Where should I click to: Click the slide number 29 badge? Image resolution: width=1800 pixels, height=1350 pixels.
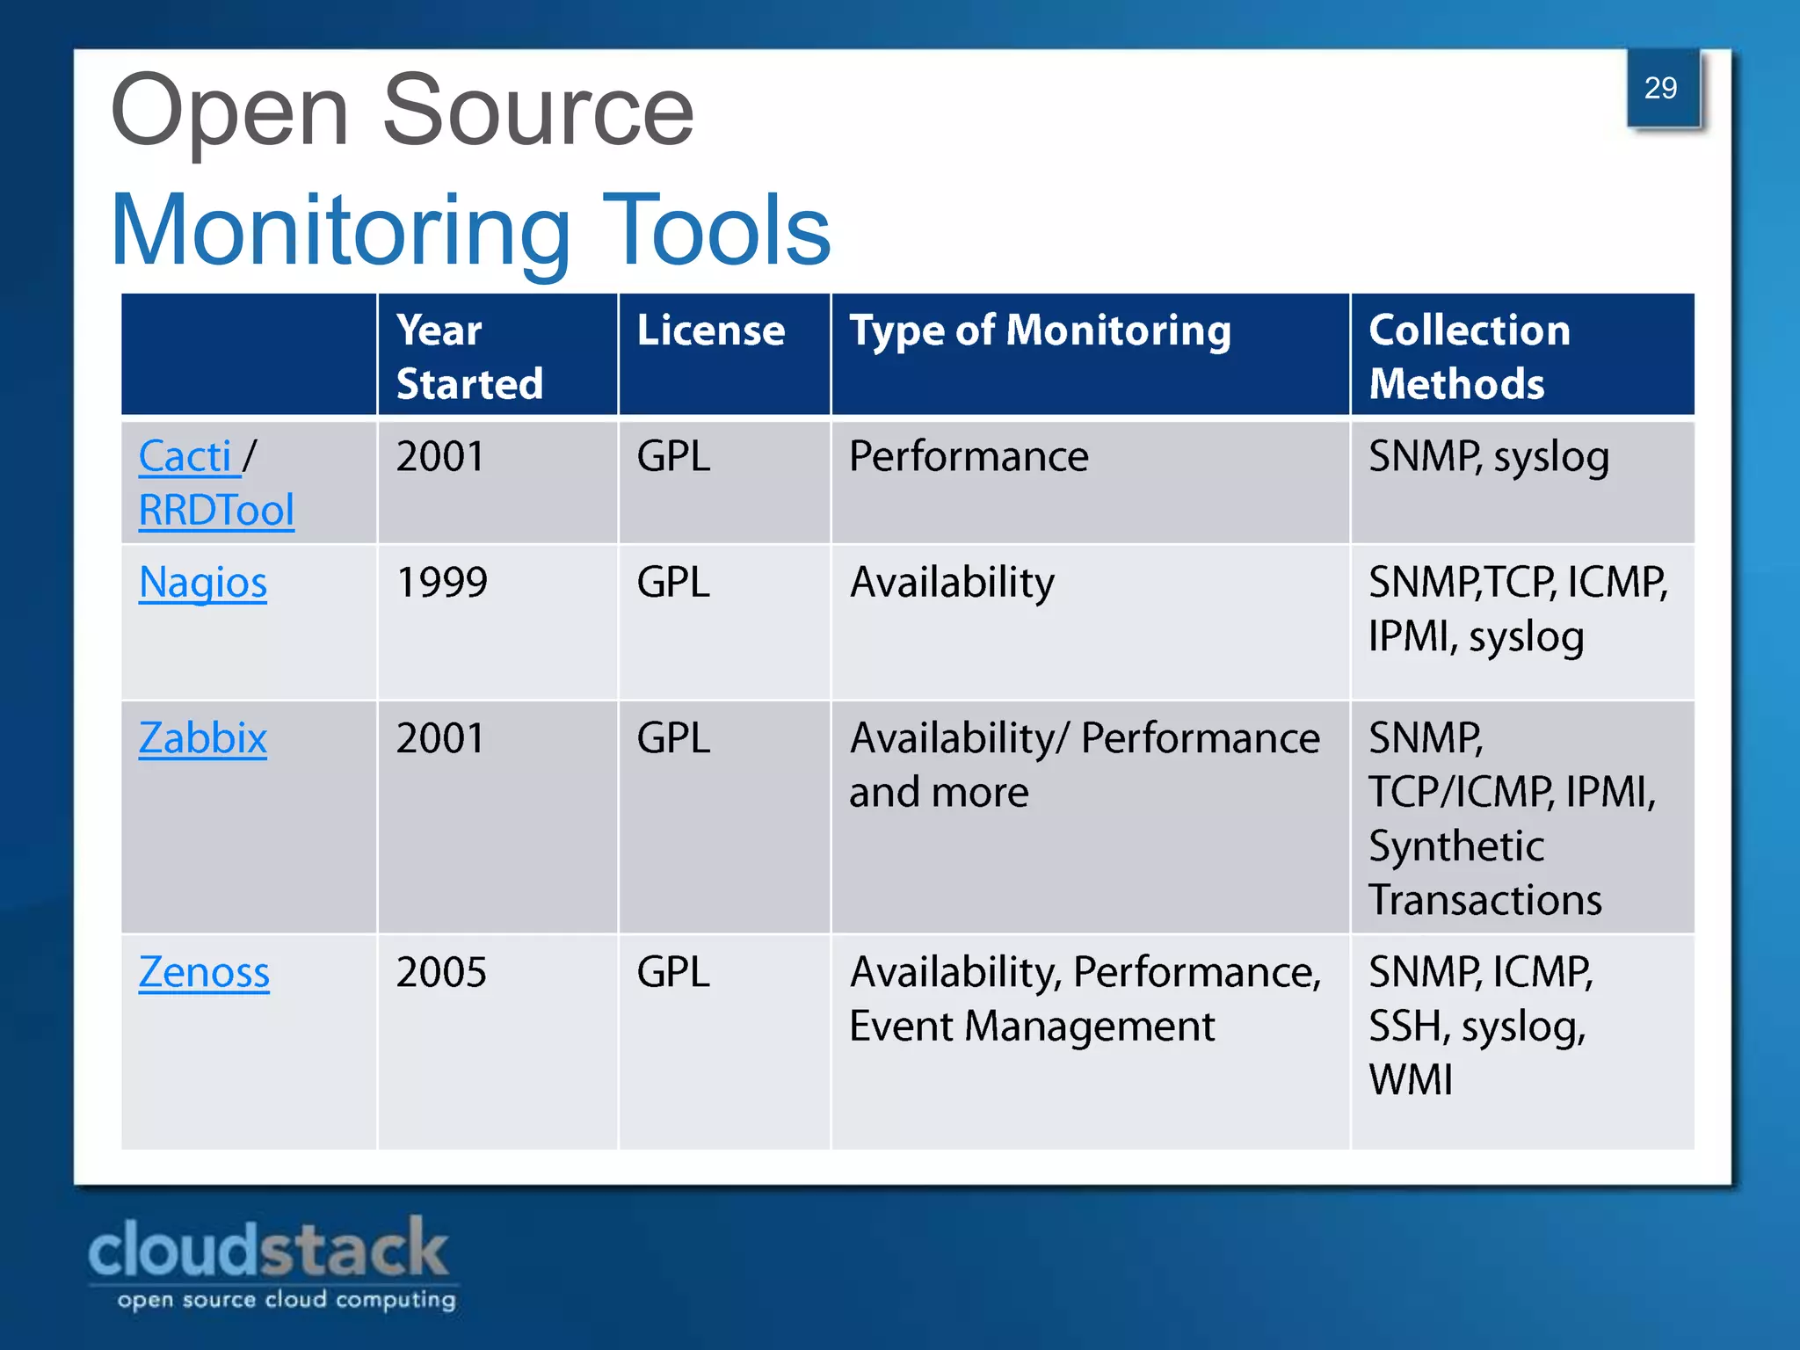click(x=1661, y=89)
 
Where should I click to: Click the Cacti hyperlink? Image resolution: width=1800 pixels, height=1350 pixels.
click(x=185, y=457)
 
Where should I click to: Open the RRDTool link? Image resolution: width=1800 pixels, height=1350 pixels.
click(x=216, y=511)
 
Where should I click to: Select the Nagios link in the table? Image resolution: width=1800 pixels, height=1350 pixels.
click(x=203, y=583)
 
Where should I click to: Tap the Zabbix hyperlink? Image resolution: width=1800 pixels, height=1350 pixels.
click(x=203, y=738)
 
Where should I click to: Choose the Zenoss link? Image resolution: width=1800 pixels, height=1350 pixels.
click(x=204, y=973)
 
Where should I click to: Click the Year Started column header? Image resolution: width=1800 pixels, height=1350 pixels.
click(x=469, y=357)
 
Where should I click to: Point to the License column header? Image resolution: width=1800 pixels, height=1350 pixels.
click(x=710, y=331)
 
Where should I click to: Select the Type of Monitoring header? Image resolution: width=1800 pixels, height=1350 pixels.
click(x=1040, y=331)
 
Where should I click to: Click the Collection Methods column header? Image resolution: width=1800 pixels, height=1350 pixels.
click(x=1469, y=357)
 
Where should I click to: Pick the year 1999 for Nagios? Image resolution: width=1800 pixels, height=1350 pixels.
click(x=441, y=583)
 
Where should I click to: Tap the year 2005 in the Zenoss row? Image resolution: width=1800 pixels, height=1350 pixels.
click(x=441, y=973)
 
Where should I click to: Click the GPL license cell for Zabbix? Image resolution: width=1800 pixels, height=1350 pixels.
click(x=673, y=738)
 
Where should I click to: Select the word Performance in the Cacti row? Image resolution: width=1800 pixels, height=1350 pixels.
click(x=969, y=457)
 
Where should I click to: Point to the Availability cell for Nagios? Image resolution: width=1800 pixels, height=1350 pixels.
click(x=952, y=583)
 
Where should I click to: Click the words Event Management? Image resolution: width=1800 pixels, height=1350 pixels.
click(x=1032, y=1027)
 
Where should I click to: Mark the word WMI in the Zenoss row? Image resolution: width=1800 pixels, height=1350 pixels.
click(x=1411, y=1080)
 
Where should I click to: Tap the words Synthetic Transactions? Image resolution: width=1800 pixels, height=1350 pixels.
click(x=1485, y=873)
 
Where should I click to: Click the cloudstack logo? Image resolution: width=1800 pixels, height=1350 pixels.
click(x=271, y=1262)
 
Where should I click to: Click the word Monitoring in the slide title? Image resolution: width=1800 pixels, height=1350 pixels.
click(x=341, y=230)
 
